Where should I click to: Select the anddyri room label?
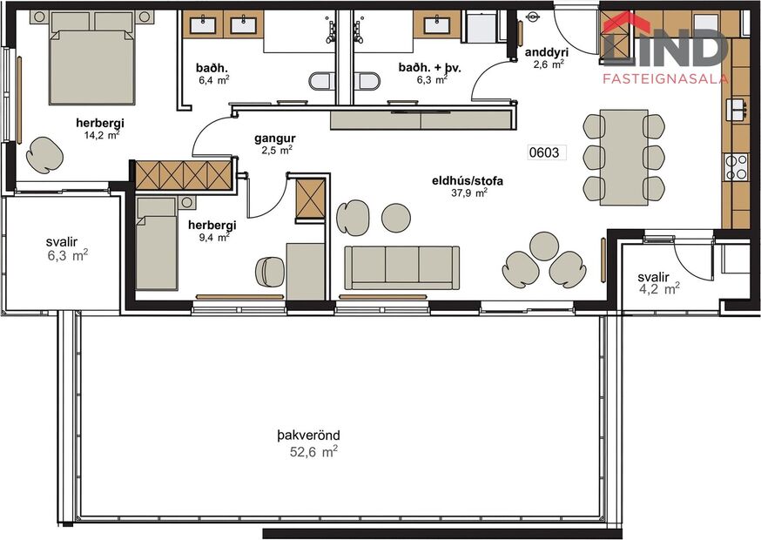click(x=547, y=52)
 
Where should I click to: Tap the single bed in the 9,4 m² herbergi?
click(x=157, y=244)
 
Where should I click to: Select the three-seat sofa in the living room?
click(x=402, y=267)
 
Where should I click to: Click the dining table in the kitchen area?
click(x=623, y=157)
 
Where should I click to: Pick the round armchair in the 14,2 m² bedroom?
click(x=44, y=154)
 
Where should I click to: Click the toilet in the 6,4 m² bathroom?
click(x=322, y=81)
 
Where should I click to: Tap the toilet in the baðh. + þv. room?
click(x=369, y=82)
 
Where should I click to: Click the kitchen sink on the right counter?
click(x=737, y=108)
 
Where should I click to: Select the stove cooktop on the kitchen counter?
click(x=737, y=165)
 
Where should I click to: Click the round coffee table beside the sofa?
click(x=396, y=218)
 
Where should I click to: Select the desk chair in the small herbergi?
click(x=268, y=272)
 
